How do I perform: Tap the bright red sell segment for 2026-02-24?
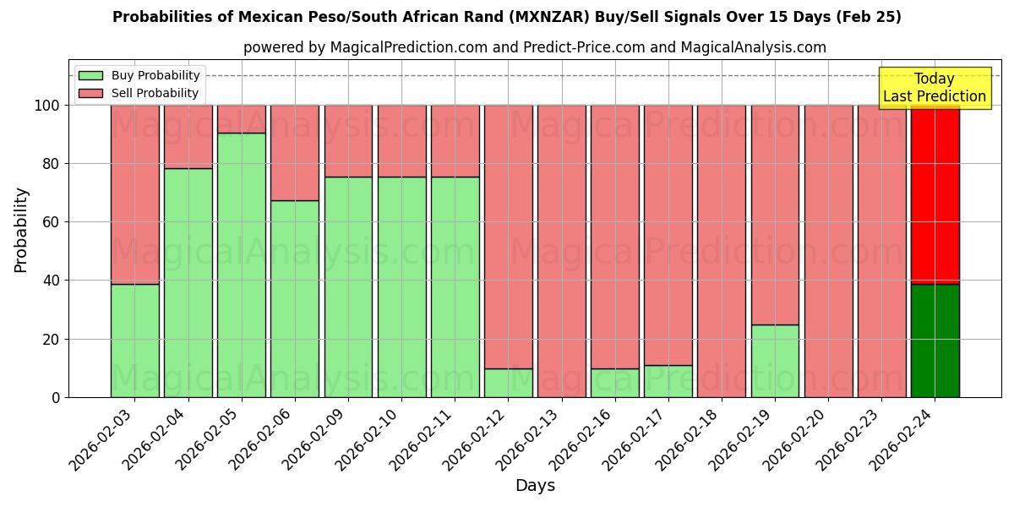point(935,194)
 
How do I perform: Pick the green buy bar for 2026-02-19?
point(775,361)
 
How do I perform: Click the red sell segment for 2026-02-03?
point(135,194)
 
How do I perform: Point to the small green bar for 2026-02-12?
point(509,383)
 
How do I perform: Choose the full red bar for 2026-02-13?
point(562,251)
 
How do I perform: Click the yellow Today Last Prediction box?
point(934,88)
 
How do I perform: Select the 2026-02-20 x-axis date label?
point(799,439)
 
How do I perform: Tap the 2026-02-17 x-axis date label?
point(640,439)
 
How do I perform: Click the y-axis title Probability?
point(21,229)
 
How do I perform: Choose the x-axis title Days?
point(535,486)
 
